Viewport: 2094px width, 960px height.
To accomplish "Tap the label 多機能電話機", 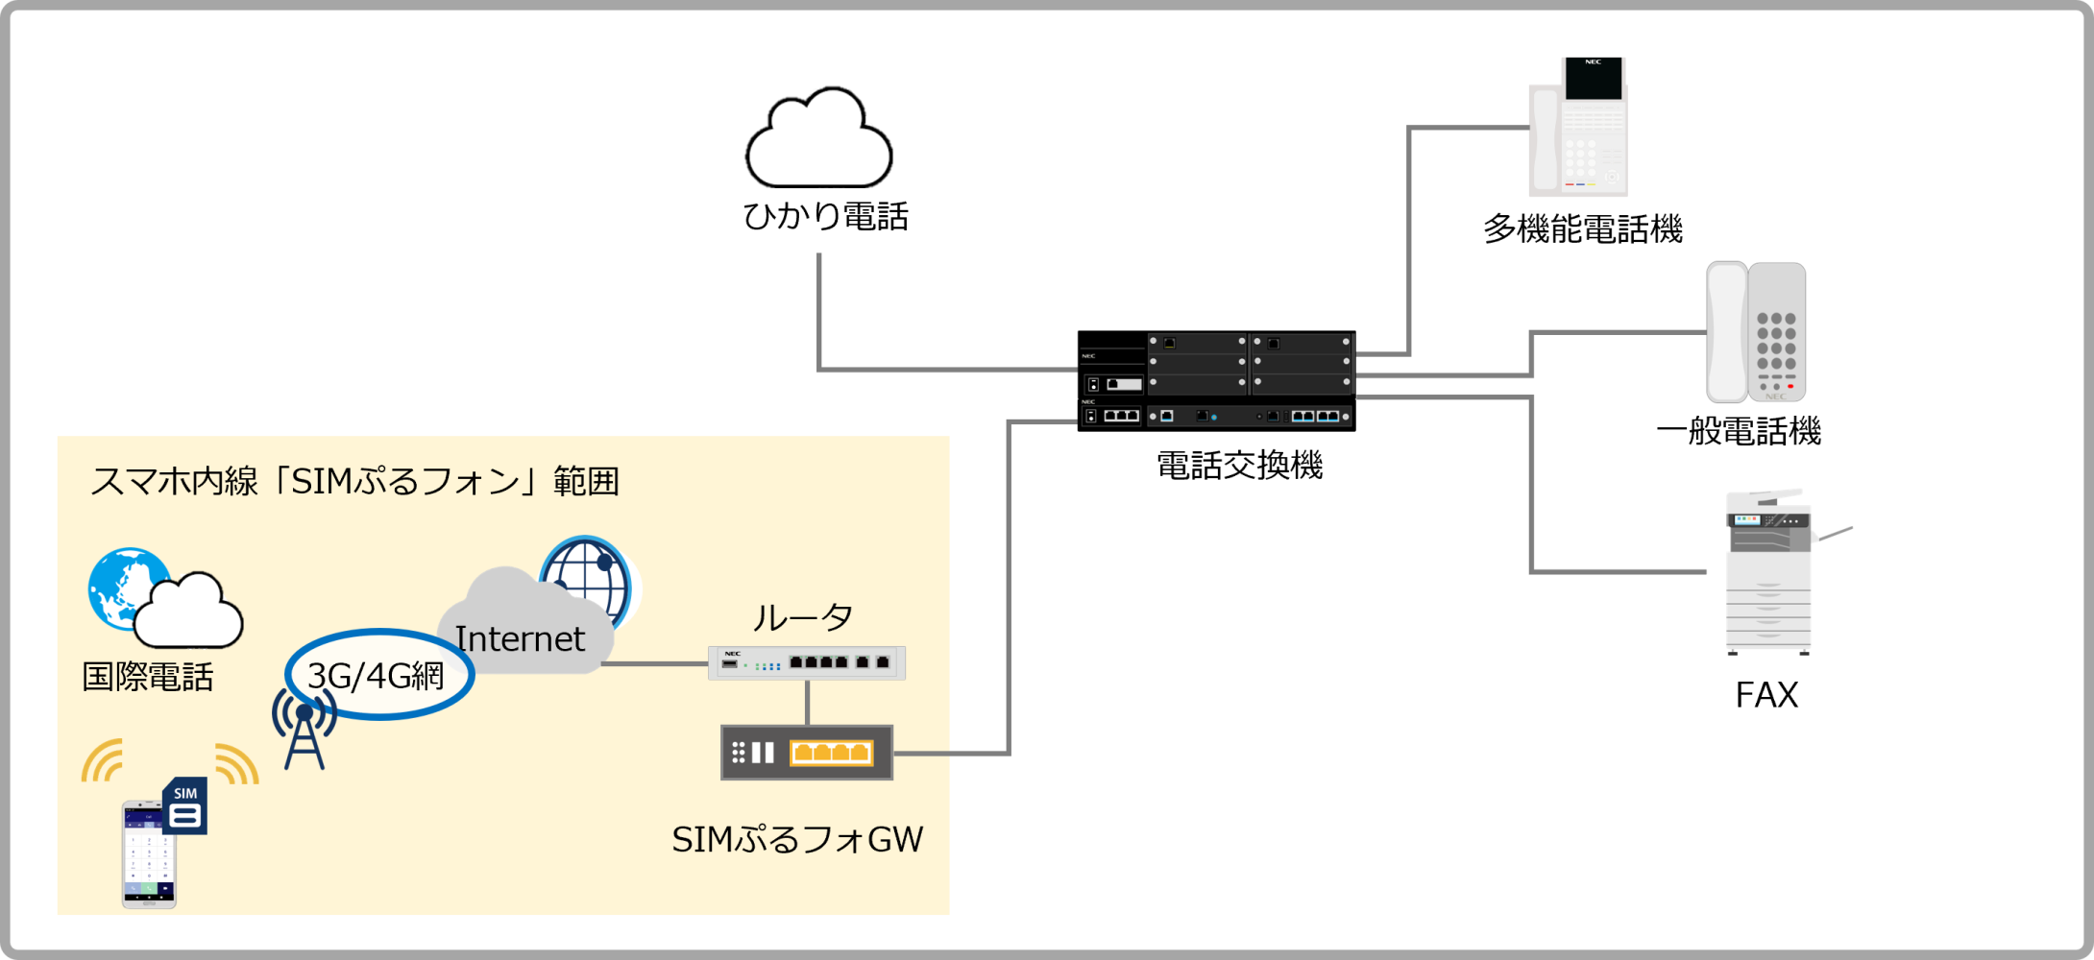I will (x=1582, y=229).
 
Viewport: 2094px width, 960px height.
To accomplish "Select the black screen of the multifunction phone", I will (x=1593, y=79).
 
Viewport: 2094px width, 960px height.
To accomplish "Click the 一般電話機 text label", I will (x=1739, y=431).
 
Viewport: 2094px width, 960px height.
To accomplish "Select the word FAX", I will (x=1765, y=695).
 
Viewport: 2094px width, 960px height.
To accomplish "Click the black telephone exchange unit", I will (x=1216, y=381).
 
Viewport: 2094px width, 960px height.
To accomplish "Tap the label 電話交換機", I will (x=1239, y=466).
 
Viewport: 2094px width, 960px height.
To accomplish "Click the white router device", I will (x=807, y=662).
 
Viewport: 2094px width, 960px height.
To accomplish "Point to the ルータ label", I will (x=802, y=617).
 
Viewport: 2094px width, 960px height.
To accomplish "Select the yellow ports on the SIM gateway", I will (x=831, y=753).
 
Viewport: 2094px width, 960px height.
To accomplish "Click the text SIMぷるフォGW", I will (x=796, y=840).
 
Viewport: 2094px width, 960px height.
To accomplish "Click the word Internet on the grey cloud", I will (x=520, y=639).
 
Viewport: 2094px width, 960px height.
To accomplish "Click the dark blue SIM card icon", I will (x=185, y=806).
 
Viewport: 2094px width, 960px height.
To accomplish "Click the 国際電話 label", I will (x=147, y=678).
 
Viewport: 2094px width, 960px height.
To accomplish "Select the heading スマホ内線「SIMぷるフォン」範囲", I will (x=353, y=481).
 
